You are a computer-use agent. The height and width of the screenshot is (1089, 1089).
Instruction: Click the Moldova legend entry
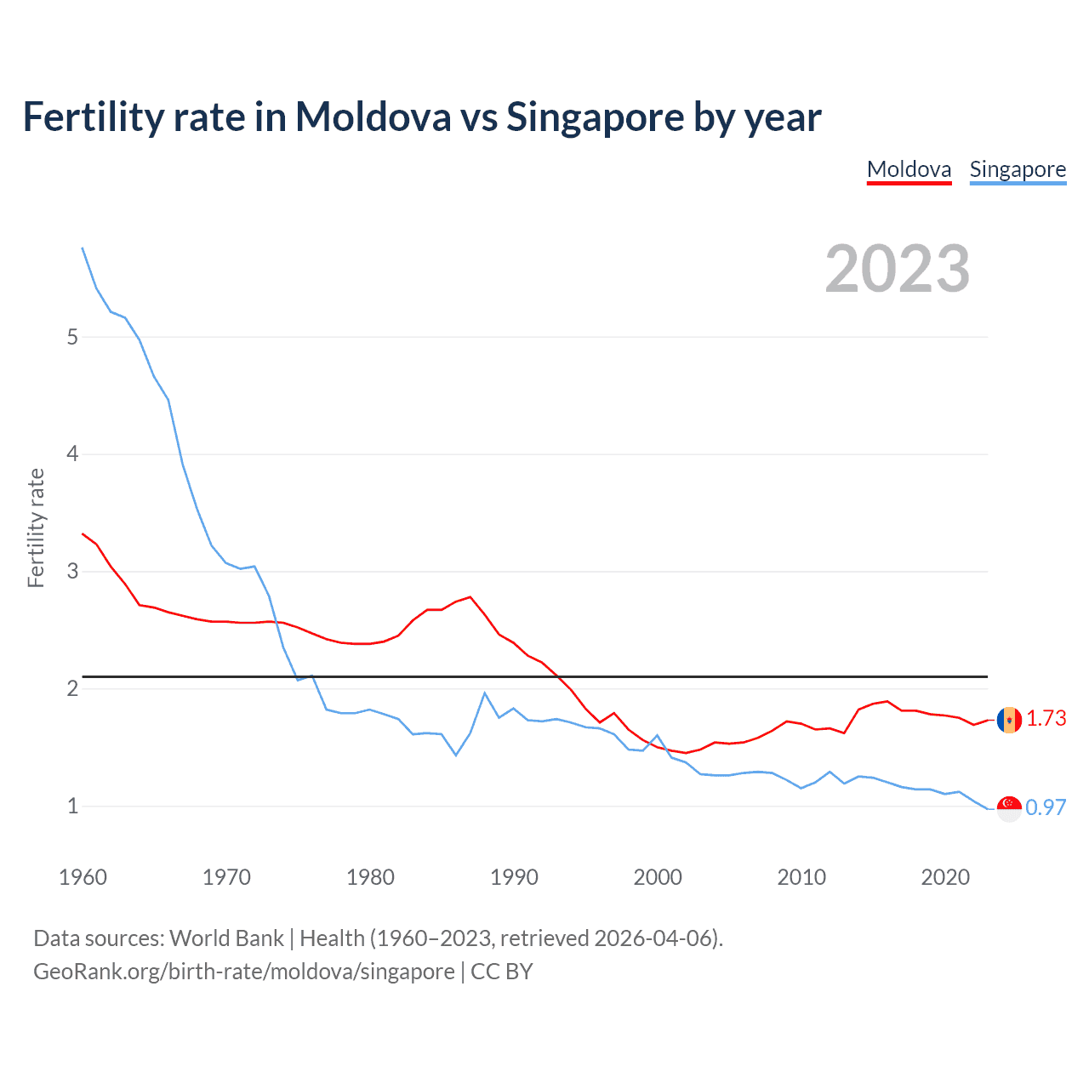coord(909,169)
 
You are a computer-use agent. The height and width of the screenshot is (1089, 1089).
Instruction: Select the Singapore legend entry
coord(1018,169)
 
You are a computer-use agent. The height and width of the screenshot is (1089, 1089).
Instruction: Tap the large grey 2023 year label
coord(898,269)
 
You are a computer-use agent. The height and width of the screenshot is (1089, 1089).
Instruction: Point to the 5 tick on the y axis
coord(72,337)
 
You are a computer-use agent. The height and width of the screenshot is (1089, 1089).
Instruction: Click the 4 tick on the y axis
coord(72,454)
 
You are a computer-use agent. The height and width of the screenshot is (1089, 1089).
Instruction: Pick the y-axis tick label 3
coord(72,571)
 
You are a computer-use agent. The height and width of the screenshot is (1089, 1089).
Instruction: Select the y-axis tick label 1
coord(72,806)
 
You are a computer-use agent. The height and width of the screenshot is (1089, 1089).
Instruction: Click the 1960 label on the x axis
coord(83,877)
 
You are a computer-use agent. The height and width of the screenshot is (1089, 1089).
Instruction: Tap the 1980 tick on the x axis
coord(370,877)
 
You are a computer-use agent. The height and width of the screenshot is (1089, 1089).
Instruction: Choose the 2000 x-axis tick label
coord(658,877)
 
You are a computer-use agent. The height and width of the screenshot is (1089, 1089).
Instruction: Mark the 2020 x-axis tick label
coord(945,877)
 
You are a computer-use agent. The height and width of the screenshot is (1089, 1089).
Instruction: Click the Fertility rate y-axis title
coord(36,527)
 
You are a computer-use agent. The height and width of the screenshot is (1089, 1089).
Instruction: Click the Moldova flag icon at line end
coord(1009,720)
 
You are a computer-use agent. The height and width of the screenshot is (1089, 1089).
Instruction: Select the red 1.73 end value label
coord(1046,719)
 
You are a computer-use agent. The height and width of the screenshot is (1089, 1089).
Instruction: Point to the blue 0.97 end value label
coord(1046,808)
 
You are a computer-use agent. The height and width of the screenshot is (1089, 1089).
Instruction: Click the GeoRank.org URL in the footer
coord(243,972)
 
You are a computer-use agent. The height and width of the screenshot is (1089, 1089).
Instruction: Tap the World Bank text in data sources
coord(226,938)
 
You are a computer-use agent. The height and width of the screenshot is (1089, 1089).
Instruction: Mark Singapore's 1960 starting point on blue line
coord(83,248)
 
